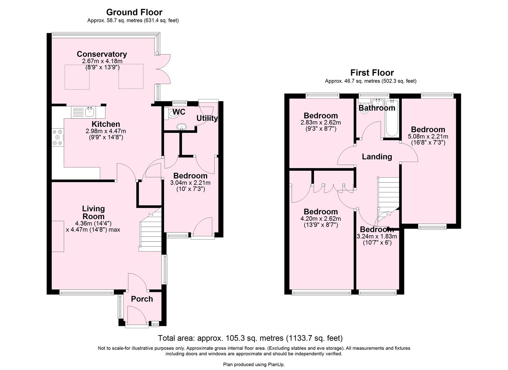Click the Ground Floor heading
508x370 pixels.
(x=134, y=12)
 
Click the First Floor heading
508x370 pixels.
(x=372, y=73)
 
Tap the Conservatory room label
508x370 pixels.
(x=102, y=54)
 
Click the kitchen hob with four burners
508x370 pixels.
(x=57, y=137)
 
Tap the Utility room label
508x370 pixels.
(x=207, y=118)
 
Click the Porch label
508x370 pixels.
(x=142, y=299)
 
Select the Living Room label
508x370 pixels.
(x=93, y=212)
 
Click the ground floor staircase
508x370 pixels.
(x=150, y=233)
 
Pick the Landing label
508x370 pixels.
(x=377, y=157)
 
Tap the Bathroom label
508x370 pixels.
(x=377, y=108)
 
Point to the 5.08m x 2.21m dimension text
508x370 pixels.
(x=428, y=136)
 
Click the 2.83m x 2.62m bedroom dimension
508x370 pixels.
(x=321, y=123)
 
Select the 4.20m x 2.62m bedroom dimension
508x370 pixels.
(x=321, y=219)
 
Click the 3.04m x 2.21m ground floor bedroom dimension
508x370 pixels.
(x=190, y=183)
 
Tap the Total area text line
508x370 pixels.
(x=250, y=338)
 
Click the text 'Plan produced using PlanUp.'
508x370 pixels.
(x=254, y=365)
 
